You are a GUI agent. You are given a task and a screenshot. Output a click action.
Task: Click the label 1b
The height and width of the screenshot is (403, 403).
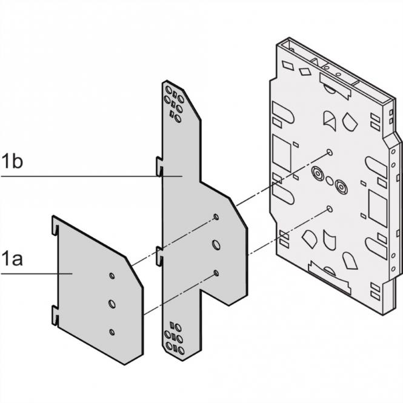coord(12,163)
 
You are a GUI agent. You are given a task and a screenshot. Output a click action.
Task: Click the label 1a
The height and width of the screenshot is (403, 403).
coord(12,260)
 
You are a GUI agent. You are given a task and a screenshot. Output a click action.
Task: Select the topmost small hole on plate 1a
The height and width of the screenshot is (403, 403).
coord(112,276)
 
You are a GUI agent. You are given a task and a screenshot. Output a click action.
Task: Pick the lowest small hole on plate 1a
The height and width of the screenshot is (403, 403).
coord(112,331)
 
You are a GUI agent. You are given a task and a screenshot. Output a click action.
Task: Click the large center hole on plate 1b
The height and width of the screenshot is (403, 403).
coord(216,245)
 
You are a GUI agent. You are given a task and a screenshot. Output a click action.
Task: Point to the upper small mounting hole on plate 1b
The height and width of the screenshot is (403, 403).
coord(216,217)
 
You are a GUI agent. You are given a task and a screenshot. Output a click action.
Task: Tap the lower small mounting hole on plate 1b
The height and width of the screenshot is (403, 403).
coord(216,274)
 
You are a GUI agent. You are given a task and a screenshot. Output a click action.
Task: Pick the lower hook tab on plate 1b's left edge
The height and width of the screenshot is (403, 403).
coord(159,254)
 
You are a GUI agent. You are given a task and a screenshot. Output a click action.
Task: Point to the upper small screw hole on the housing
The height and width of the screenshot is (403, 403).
coord(328,151)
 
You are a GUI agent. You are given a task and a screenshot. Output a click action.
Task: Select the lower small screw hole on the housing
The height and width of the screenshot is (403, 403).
coord(328,208)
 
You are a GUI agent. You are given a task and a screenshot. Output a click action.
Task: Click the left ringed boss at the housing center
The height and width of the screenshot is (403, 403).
coord(317,175)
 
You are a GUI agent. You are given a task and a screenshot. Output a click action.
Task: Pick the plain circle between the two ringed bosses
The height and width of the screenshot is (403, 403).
coord(329,179)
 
